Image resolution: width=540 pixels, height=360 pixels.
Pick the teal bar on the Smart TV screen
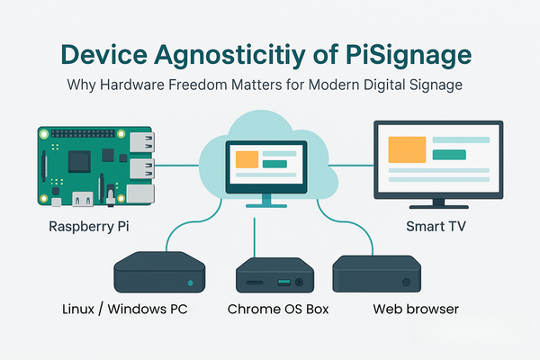pyautogui.click(x=450, y=155)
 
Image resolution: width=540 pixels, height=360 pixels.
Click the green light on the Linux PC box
pyautogui.click(x=189, y=283)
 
